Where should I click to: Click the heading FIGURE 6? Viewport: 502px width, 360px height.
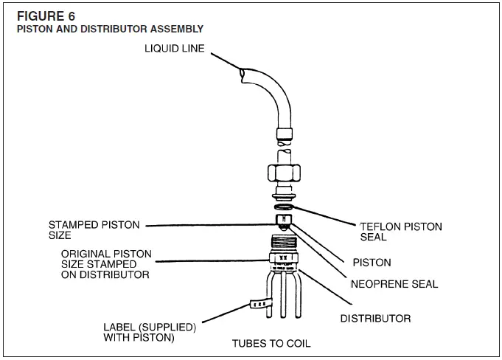pyautogui.click(x=44, y=15)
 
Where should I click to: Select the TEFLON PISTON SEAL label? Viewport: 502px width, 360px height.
pyautogui.click(x=400, y=232)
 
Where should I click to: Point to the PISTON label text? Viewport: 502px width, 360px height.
pyautogui.click(x=372, y=263)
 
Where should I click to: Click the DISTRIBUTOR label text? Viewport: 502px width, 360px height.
pyautogui.click(x=375, y=319)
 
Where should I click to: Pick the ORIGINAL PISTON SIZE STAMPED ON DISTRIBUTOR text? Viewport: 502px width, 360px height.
pyautogui.click(x=106, y=264)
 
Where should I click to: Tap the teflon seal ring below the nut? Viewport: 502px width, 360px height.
pyautogui.click(x=283, y=208)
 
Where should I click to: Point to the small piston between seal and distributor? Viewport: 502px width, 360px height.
pyautogui.click(x=283, y=221)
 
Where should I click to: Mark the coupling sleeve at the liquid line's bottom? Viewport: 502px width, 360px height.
pyautogui.click(x=283, y=134)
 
